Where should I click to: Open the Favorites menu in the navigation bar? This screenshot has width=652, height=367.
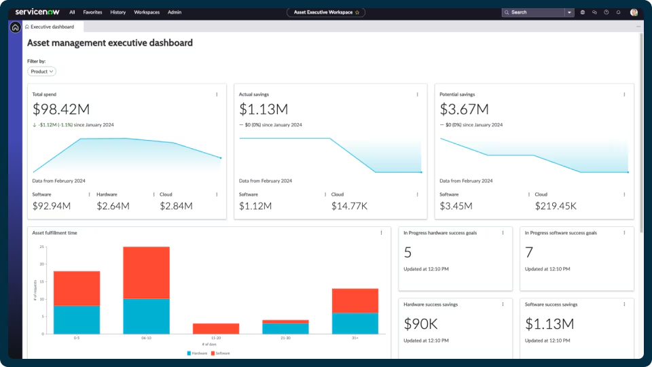92,12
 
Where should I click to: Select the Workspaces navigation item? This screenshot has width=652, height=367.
147,12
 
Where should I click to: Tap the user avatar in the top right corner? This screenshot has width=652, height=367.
634,12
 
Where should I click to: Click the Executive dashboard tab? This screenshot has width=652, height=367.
54,27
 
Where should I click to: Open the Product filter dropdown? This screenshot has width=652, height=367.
41,71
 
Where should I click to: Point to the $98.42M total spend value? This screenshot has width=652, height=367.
61,109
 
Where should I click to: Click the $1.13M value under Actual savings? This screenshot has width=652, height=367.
264,109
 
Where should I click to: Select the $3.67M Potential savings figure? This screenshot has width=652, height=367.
465,109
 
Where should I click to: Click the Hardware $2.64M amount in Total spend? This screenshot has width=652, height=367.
113,206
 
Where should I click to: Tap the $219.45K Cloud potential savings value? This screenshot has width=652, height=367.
555,206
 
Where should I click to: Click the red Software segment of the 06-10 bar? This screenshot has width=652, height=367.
146,272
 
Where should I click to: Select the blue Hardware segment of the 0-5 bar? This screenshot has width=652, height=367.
77,319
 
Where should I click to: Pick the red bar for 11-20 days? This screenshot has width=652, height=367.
215,328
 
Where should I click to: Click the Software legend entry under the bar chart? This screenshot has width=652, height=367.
221,353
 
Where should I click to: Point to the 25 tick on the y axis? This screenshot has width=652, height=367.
42,247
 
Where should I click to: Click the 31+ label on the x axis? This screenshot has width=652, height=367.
355,338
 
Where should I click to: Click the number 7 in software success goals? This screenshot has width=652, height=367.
529,253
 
